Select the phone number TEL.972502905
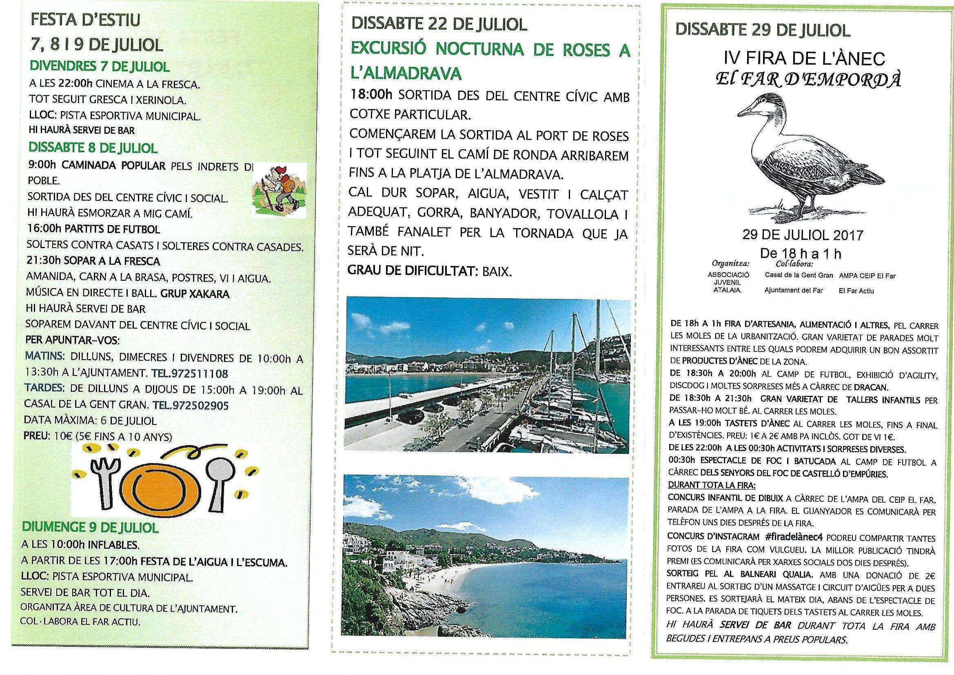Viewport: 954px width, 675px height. coord(191,405)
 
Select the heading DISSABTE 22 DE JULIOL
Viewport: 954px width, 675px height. coord(439,24)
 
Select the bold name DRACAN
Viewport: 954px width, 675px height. coord(870,386)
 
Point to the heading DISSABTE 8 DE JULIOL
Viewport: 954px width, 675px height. coord(93,148)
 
